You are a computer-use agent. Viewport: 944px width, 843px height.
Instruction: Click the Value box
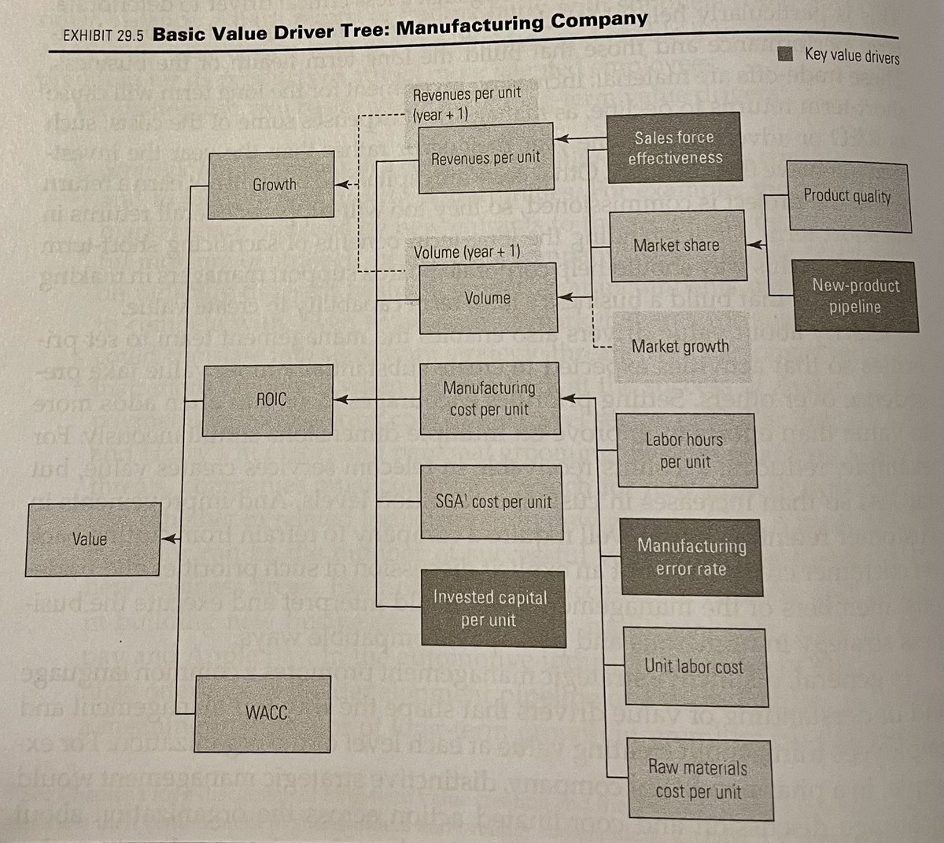point(89,539)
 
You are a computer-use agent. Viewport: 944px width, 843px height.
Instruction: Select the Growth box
point(274,186)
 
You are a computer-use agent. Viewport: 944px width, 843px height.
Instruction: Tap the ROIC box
point(270,400)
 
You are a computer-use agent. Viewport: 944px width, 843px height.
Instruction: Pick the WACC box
point(265,712)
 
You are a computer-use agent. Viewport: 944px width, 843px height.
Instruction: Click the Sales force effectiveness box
point(673,147)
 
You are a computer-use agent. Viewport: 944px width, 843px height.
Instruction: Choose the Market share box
point(677,245)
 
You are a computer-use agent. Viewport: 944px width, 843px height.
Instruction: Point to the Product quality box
point(847,196)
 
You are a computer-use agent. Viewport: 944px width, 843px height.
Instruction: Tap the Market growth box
point(680,346)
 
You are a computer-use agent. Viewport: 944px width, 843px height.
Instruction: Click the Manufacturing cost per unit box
point(490,399)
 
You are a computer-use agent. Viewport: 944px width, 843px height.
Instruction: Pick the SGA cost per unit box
point(493,502)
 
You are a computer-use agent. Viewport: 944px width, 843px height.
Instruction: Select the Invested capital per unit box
point(490,608)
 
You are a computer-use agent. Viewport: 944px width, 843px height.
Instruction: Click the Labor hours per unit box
point(684,451)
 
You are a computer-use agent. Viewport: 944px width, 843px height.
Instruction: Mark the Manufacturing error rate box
point(691,557)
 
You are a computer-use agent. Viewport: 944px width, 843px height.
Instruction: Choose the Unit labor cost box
point(693,667)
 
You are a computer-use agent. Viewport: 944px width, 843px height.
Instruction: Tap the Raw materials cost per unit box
point(698,779)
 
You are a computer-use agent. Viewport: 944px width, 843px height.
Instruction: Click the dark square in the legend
point(785,53)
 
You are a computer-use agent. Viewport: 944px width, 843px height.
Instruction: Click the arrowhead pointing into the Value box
point(167,539)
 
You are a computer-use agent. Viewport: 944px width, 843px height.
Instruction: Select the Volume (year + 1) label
point(466,252)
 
